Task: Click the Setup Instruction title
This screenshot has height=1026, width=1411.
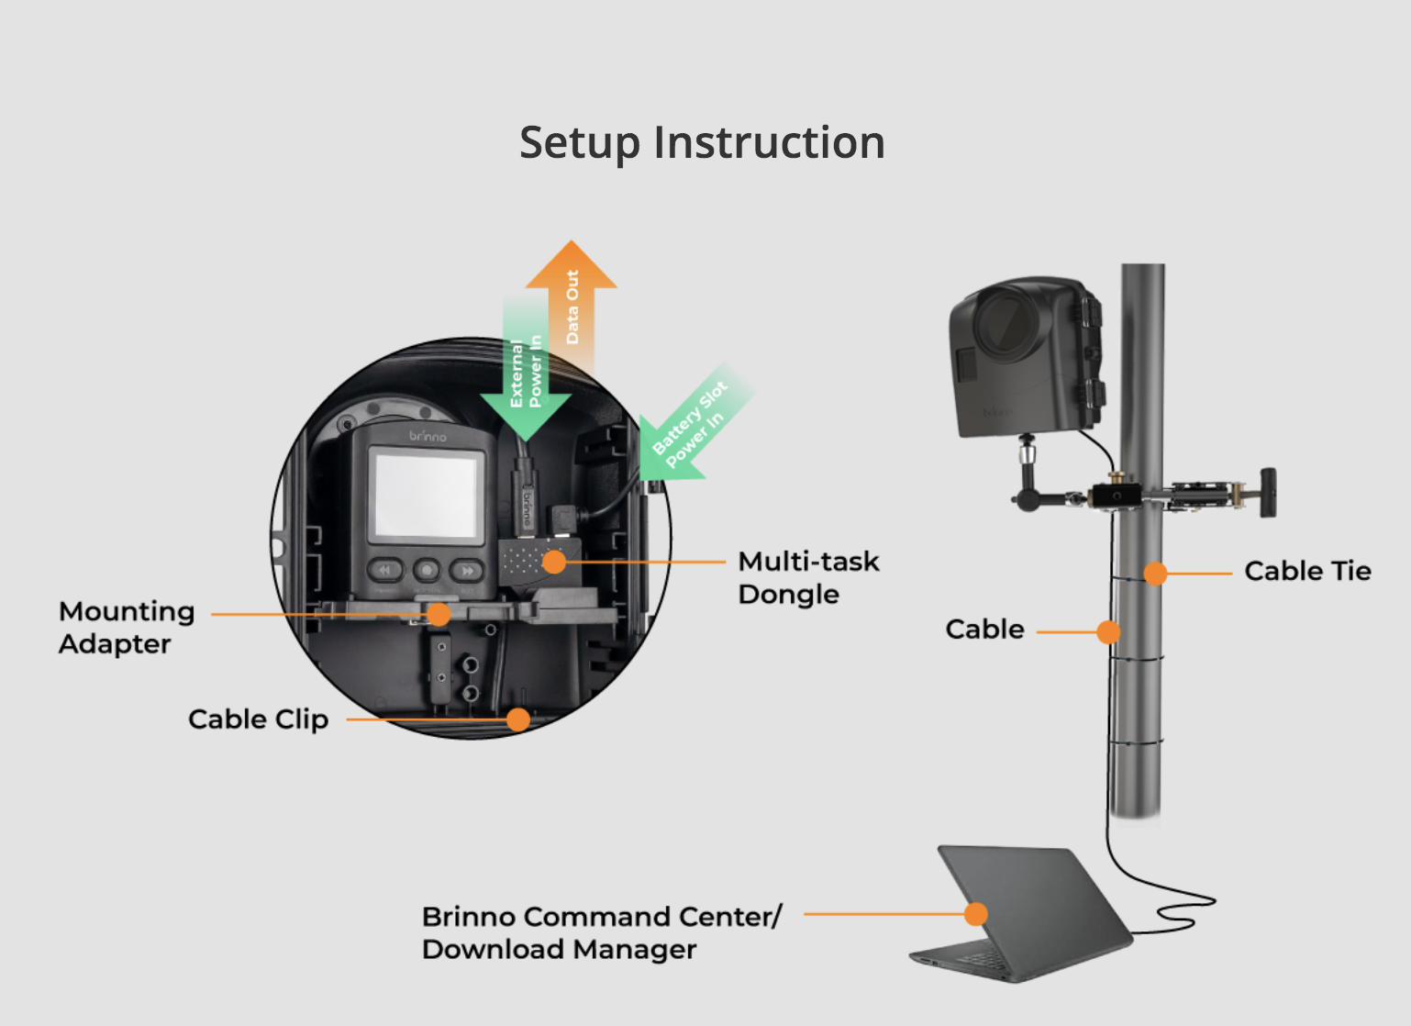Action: coord(702,143)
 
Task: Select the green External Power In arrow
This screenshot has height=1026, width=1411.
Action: coord(526,376)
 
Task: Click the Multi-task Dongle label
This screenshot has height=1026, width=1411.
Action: coord(808,577)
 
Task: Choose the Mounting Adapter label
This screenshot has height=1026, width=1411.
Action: coord(127,627)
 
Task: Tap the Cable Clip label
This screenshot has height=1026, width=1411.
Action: coord(258,719)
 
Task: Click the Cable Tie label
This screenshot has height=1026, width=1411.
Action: coord(1307,571)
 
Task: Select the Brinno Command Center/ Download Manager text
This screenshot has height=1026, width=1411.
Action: coord(601,932)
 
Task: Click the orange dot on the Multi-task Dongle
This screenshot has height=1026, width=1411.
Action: coord(554,562)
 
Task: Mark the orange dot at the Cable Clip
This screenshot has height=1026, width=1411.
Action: coord(518,719)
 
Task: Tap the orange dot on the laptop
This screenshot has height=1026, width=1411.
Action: coord(976,914)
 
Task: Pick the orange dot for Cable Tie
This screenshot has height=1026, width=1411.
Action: coord(1156,574)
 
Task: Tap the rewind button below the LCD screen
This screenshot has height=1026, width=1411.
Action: coord(384,571)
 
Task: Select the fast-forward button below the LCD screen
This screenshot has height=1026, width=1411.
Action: coord(467,571)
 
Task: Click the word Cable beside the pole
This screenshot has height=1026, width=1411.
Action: coord(984,630)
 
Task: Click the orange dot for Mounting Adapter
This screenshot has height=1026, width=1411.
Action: coord(439,614)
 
